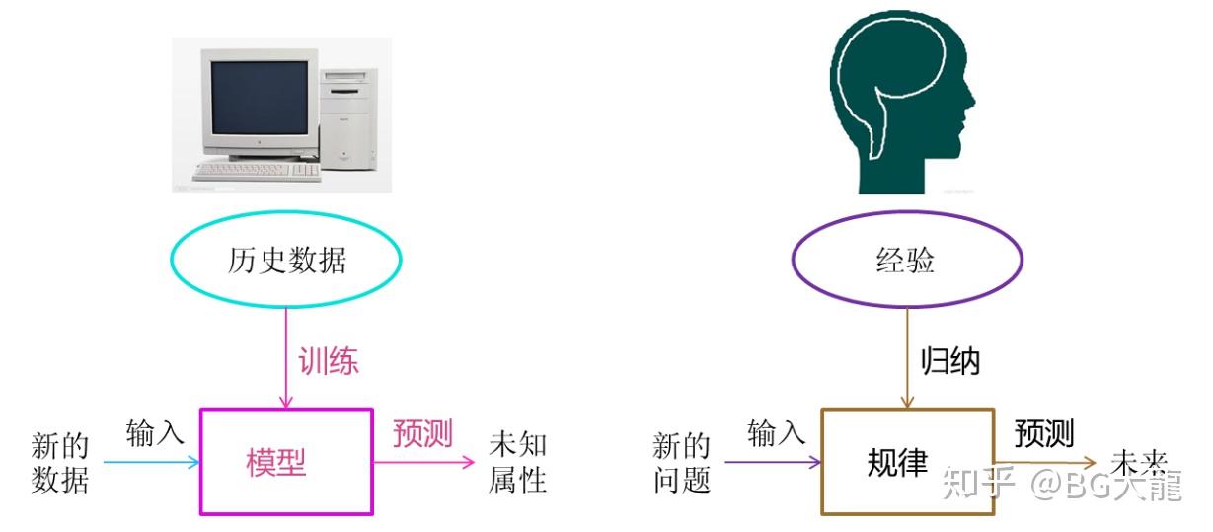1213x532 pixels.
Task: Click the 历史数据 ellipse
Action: click(x=286, y=261)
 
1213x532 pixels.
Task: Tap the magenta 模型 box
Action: click(x=286, y=461)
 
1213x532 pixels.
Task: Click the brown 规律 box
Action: click(x=907, y=461)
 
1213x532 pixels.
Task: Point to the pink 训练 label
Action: click(x=329, y=361)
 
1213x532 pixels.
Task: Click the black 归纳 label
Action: click(x=949, y=361)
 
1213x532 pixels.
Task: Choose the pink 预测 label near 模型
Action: click(x=422, y=433)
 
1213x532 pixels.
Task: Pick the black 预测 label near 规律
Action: click(x=1044, y=433)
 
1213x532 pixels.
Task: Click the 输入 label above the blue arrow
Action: click(x=155, y=432)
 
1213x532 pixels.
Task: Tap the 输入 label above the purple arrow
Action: click(x=776, y=432)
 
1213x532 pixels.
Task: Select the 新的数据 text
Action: click(x=60, y=462)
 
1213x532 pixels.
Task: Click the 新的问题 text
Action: click(x=682, y=462)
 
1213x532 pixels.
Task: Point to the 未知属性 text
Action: click(x=517, y=462)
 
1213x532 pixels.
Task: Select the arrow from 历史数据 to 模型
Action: click(x=286, y=355)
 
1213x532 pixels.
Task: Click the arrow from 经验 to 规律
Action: click(x=907, y=355)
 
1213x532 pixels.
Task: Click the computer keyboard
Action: click(x=257, y=171)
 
